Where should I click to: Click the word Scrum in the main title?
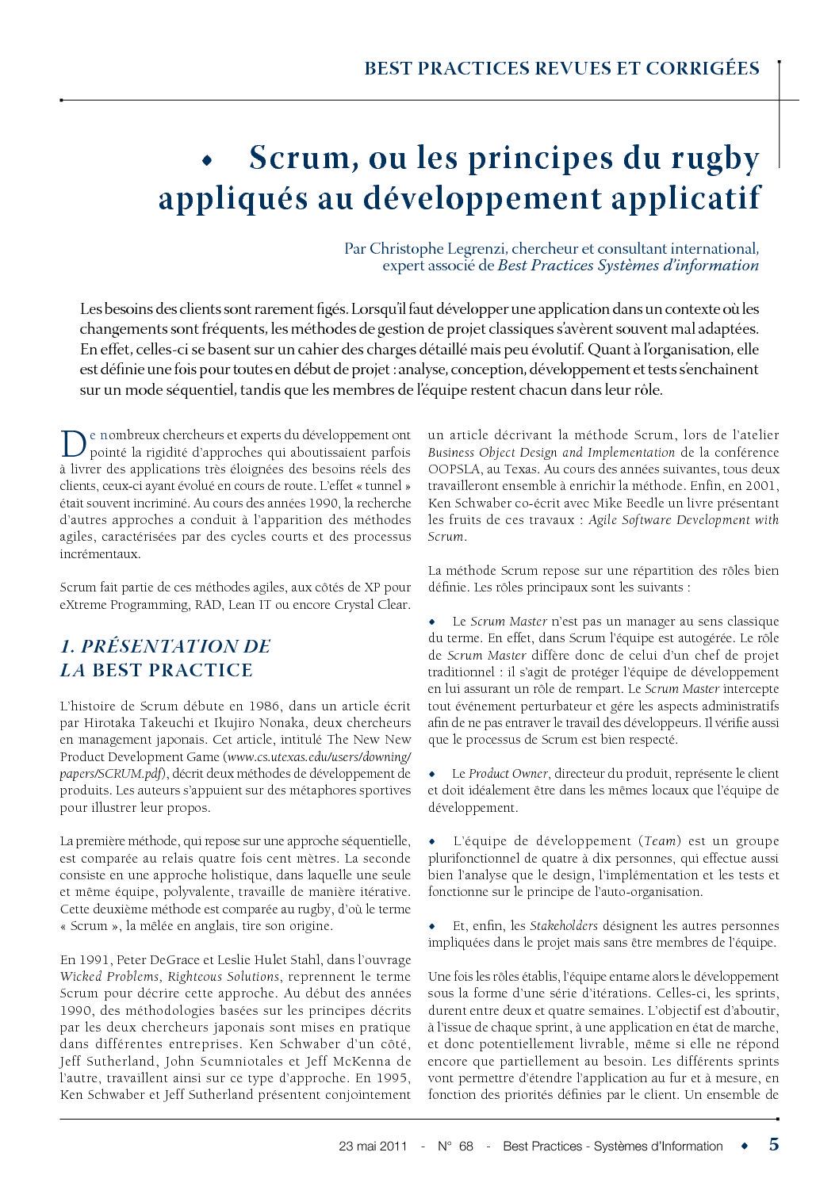pos(298,159)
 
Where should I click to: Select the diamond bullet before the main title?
pos(208,161)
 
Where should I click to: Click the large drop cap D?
pos(72,444)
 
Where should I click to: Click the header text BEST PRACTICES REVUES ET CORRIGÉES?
pos(561,69)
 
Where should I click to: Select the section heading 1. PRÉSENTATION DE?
pos(165,646)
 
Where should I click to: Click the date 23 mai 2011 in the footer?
pos(373,1146)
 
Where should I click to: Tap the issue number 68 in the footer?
pos(465,1146)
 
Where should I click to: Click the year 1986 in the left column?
pos(264,706)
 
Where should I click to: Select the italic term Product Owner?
pos(508,773)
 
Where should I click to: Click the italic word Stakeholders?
pos(564,925)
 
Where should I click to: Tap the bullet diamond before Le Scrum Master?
pos(433,622)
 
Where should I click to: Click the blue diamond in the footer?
pos(744,1146)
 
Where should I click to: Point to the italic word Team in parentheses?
pos(660,841)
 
